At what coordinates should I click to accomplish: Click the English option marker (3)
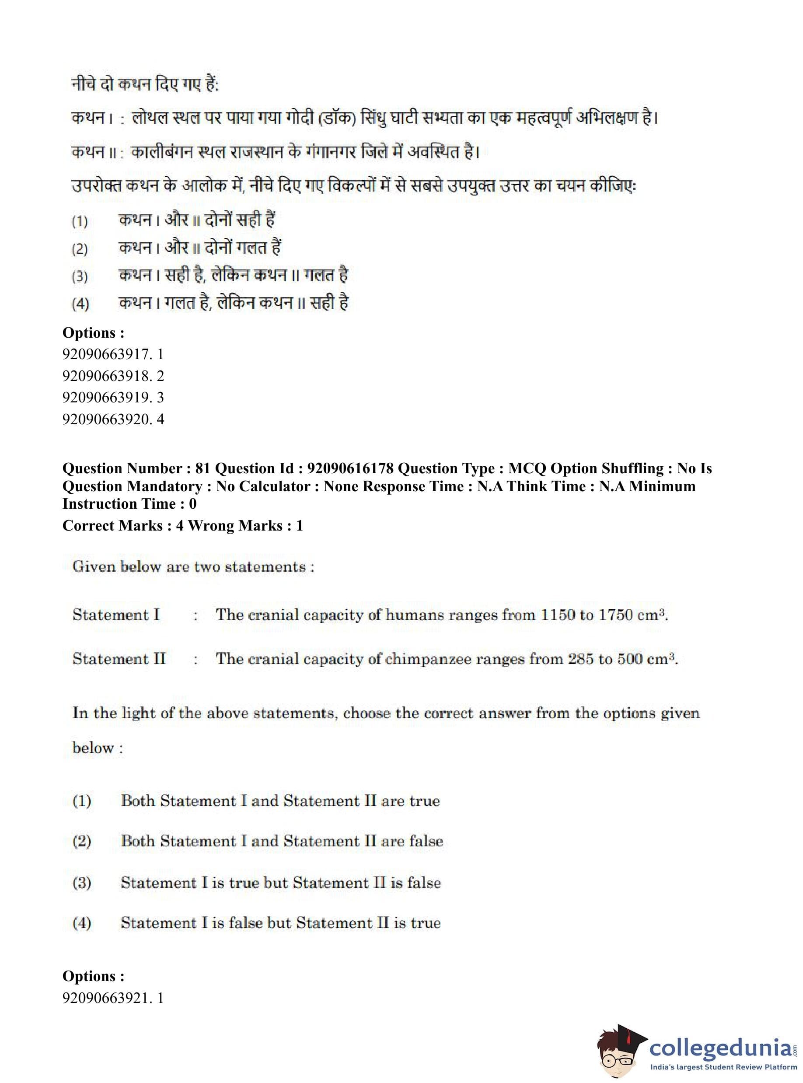click(x=82, y=883)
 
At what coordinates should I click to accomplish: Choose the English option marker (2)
click(x=82, y=842)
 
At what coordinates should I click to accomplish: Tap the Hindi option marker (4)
click(x=80, y=304)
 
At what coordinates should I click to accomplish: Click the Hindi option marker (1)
click(x=80, y=222)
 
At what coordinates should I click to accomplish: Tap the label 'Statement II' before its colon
click(x=119, y=659)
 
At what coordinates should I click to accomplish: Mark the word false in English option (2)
click(x=426, y=842)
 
